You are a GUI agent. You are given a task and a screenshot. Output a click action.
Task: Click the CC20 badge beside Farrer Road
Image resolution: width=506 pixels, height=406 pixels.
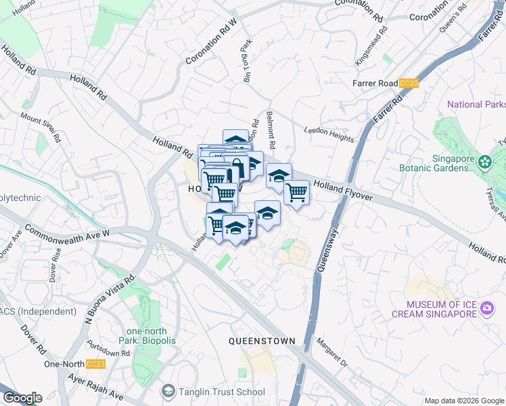pos(409,83)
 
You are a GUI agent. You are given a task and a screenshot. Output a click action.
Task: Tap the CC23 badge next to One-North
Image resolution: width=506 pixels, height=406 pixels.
pos(96,364)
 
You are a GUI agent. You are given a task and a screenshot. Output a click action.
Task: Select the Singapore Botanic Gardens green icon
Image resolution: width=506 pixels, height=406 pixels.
pos(484,162)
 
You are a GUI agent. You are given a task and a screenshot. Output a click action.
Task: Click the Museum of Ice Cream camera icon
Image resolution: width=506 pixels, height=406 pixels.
pos(486,309)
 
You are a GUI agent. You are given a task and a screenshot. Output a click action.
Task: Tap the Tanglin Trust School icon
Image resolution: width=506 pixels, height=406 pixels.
pos(168,391)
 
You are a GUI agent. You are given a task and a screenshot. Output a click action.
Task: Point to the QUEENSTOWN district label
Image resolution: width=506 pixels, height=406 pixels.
pos(260,340)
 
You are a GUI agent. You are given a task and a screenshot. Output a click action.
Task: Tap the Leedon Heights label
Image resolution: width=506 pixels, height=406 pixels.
pos(329,134)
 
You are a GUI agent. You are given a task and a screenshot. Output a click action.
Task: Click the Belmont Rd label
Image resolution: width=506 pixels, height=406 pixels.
pos(271,130)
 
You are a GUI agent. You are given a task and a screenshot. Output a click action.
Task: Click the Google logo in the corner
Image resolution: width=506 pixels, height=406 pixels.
pos(22,398)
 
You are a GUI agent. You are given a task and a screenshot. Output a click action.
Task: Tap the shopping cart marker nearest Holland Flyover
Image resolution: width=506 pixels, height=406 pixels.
pos(296,192)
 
